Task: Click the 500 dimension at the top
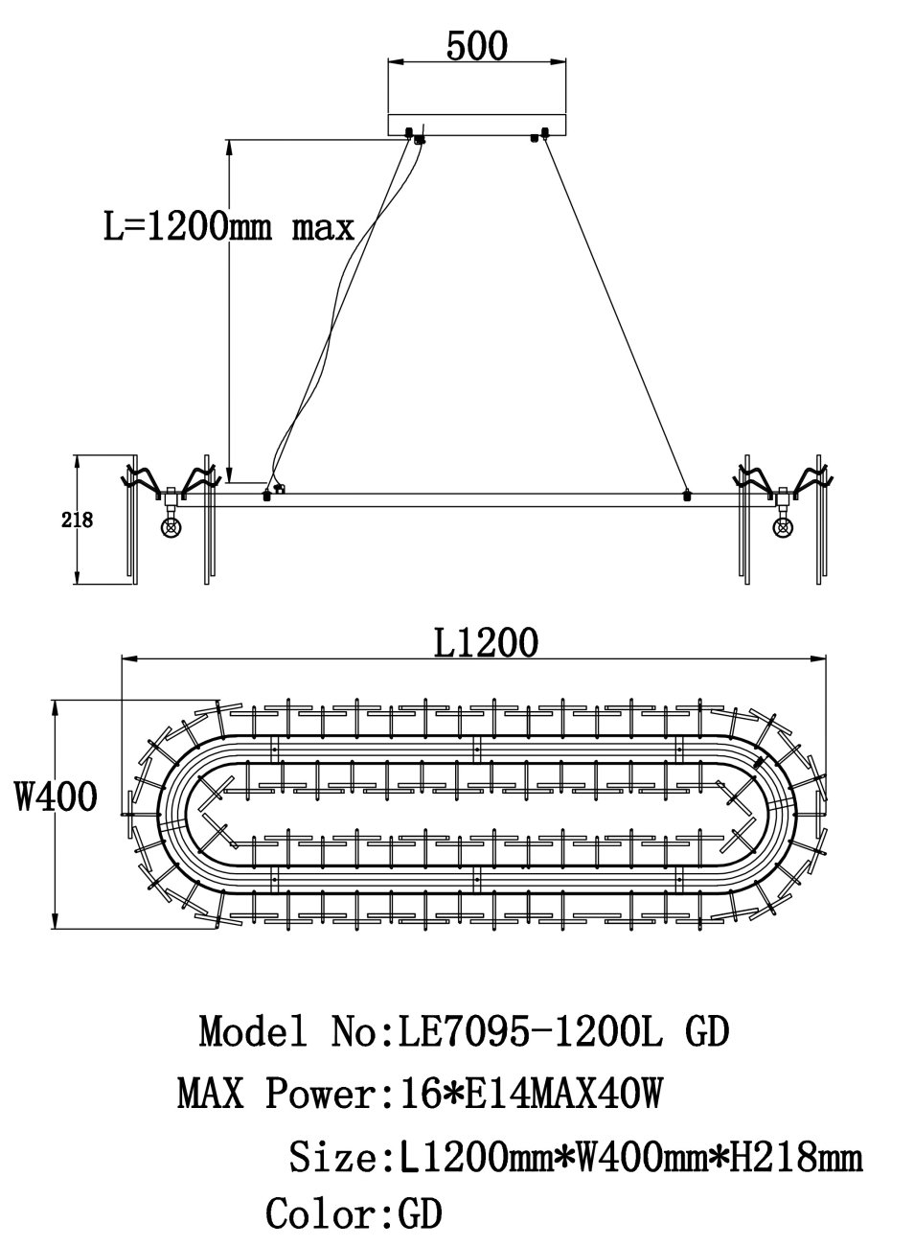click(x=476, y=46)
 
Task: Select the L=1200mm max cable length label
click(x=229, y=226)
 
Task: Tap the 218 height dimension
click(x=78, y=520)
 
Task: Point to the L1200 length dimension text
click(x=486, y=642)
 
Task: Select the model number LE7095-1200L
click(x=529, y=1030)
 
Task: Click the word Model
click(x=252, y=1030)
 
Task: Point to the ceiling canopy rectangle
click(x=477, y=125)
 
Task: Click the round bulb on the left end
click(x=171, y=527)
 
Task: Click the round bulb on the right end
click(x=783, y=527)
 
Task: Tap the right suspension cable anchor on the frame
click(x=687, y=495)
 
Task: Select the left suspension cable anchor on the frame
click(x=266, y=495)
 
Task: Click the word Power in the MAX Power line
click(x=321, y=1093)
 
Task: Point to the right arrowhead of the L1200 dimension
click(x=819, y=659)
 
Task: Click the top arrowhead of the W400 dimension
click(x=55, y=706)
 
